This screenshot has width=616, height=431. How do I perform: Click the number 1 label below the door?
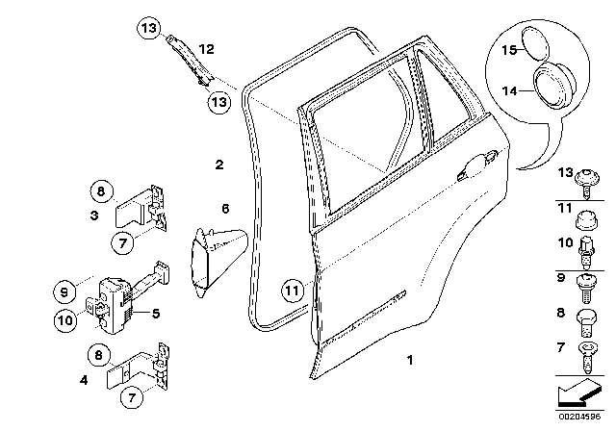410,362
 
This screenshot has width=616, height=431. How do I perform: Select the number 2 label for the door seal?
219,165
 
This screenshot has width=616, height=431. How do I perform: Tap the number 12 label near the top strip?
206,48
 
